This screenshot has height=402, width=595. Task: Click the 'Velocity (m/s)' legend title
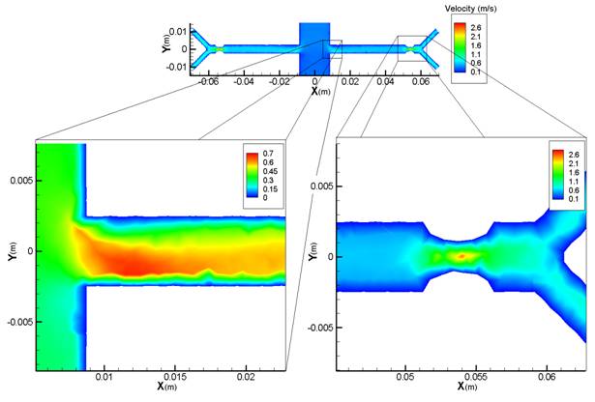[470, 9]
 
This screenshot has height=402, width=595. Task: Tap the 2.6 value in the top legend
[475, 28]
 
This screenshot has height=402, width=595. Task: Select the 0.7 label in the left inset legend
[268, 154]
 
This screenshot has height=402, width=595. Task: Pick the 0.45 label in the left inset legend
[270, 171]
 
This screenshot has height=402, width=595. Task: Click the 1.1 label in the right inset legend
[574, 182]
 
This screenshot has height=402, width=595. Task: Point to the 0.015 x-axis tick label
[175, 378]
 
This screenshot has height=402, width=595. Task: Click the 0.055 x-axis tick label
[476, 378]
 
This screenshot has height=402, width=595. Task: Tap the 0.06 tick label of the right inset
[547, 378]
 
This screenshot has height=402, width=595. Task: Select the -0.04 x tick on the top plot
[244, 82]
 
